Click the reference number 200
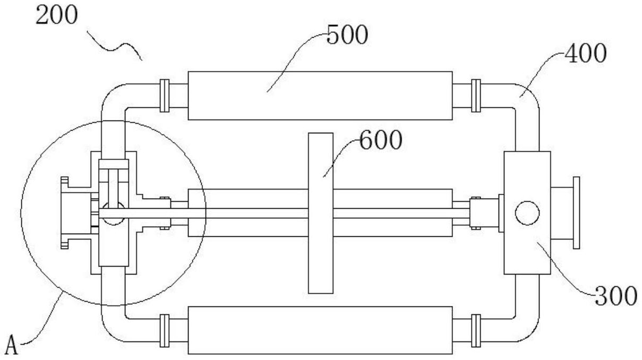[x=56, y=15]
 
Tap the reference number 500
[x=347, y=35]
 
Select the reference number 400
[x=586, y=53]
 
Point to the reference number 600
[x=381, y=140]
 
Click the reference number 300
[x=616, y=296]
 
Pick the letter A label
[x=12, y=345]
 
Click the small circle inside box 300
[x=527, y=213]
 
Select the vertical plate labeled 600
[x=321, y=213]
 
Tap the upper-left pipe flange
[x=165, y=96]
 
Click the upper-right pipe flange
[x=476, y=96]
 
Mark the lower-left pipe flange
[x=165, y=331]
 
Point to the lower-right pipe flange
[x=476, y=331]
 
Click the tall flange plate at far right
[x=576, y=213]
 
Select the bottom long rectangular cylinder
[x=320, y=330]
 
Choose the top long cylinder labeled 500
[x=320, y=96]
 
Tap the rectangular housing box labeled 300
[x=527, y=213]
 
